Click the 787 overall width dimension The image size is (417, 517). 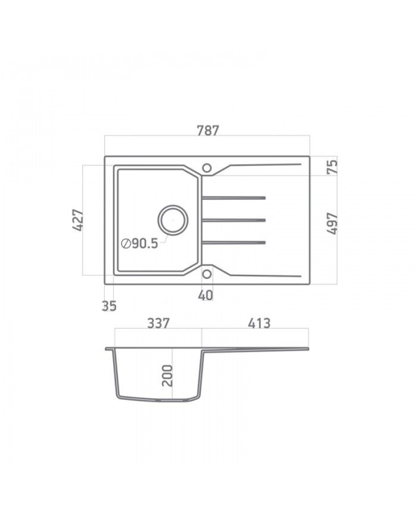coord(207,130)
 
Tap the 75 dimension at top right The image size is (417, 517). coord(332,165)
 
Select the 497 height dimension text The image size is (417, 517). coord(332,223)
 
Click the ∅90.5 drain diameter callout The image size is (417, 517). coord(140,243)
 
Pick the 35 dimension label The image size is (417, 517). coord(109,306)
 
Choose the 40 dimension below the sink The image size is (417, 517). coord(206,295)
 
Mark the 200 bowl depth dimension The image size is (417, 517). coord(167,376)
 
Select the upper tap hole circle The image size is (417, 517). coord(207,168)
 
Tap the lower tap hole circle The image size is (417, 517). coord(207,274)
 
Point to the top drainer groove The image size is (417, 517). coord(234,196)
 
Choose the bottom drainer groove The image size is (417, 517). coord(234,242)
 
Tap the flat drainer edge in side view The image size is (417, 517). coord(256,349)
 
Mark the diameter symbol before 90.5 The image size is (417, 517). coord(126,243)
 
